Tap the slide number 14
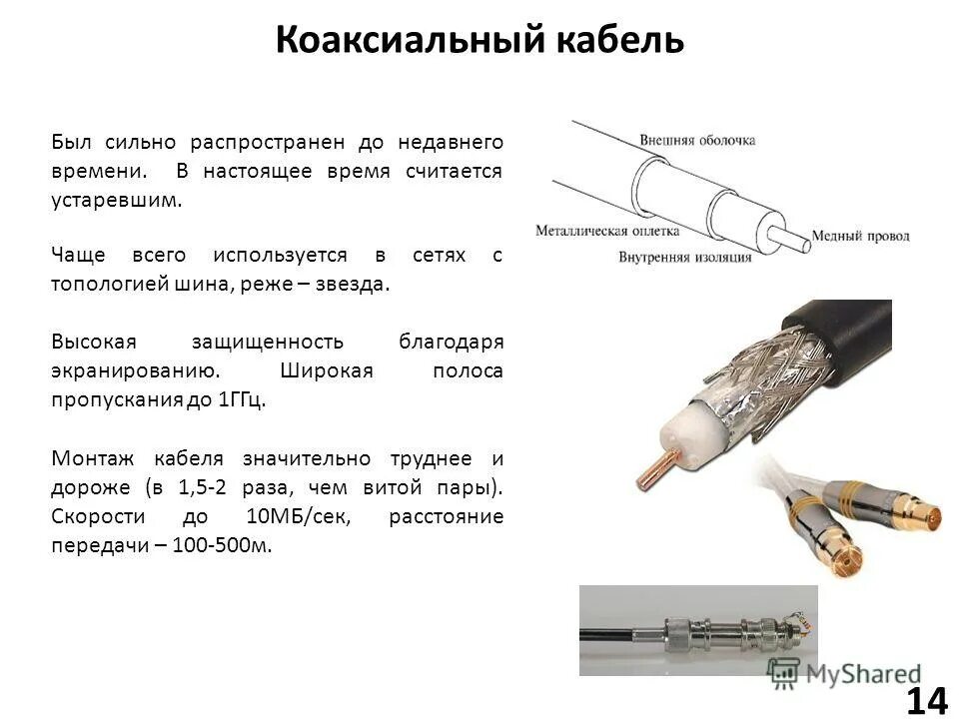coord(927,701)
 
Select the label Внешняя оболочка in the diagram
coord(697,142)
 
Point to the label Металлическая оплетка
coord(607,230)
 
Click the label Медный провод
coord(860,237)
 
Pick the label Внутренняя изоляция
coord(684,257)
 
